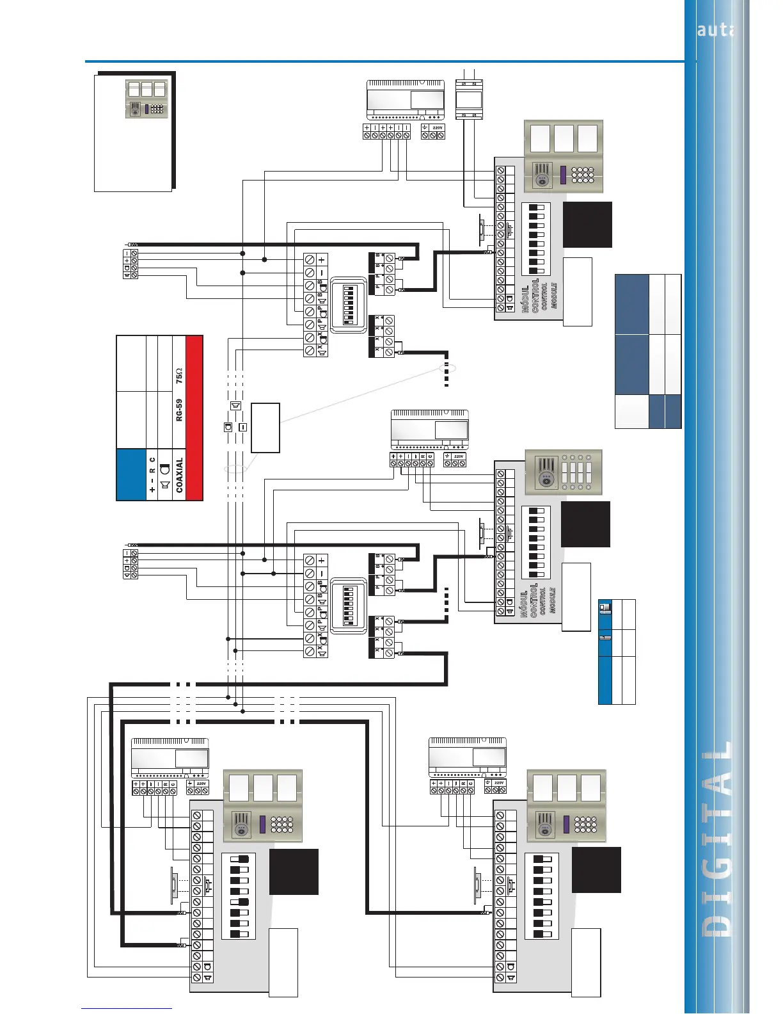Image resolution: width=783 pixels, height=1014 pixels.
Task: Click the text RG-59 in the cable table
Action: (179, 410)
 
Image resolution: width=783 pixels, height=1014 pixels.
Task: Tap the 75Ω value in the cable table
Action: (179, 376)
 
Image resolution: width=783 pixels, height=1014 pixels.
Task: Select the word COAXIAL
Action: (179, 474)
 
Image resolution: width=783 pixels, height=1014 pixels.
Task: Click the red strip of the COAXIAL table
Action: (194, 417)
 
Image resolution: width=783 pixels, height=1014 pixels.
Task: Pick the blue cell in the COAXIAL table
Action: (131, 474)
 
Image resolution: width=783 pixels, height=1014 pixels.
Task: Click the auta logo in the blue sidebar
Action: (715, 29)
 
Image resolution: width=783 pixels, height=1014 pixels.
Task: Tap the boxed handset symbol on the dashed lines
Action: (228, 426)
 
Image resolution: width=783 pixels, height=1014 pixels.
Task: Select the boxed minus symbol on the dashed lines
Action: (242, 426)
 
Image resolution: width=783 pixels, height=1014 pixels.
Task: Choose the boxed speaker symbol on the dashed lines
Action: (235, 406)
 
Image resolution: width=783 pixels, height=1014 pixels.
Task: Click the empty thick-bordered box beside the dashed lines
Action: (265, 428)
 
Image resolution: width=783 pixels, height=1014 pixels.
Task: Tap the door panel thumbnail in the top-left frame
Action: (146, 99)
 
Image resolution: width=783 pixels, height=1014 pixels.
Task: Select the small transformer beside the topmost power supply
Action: (468, 99)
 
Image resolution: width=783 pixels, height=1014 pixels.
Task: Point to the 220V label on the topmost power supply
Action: (438, 128)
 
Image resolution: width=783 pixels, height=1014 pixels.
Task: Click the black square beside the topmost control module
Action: (587, 224)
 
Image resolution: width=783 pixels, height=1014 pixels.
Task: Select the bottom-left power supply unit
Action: (170, 759)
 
